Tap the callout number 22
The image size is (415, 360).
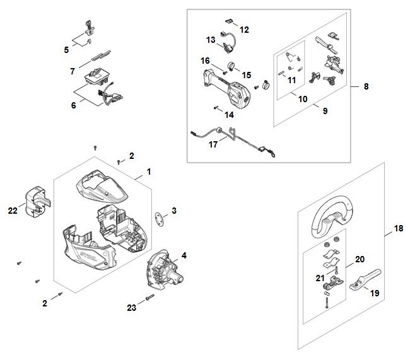[13, 211]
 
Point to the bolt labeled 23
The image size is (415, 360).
[149, 298]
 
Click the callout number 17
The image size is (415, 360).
[213, 144]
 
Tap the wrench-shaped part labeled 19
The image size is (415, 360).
[365, 280]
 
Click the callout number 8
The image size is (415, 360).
[366, 86]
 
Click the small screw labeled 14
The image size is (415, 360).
[216, 107]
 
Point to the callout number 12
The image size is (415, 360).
[244, 30]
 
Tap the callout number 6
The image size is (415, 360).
[74, 105]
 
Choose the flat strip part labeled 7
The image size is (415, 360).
[101, 55]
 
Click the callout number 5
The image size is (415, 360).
[66, 50]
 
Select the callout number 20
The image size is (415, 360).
[359, 259]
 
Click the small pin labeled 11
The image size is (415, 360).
[281, 73]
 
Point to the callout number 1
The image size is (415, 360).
[149, 171]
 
